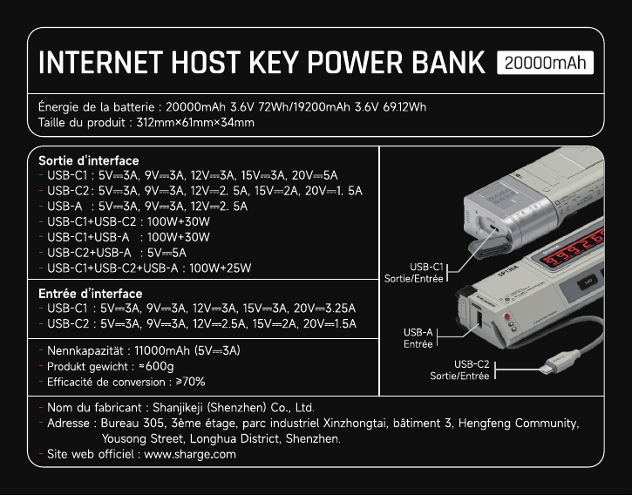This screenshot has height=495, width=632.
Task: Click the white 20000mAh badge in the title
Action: coord(545,63)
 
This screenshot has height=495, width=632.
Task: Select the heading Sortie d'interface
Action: coord(89,160)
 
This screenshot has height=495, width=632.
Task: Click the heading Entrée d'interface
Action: coord(91,293)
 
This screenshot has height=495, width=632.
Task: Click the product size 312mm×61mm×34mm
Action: coord(195,122)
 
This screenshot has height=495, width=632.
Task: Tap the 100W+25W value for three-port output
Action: coord(220,268)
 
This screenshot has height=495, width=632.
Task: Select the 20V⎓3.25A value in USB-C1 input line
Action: coord(324,309)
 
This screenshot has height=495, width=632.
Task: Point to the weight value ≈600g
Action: coord(156,366)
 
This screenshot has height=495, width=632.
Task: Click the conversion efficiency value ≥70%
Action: coord(190,382)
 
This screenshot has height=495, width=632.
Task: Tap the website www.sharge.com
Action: coord(190,454)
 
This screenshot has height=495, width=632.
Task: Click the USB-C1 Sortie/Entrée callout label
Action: coord(414,273)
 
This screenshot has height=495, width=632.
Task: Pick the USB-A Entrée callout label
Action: coord(418,338)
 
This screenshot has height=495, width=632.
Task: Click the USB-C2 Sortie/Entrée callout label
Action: coord(459,370)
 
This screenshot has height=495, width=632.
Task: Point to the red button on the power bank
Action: coord(507,316)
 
